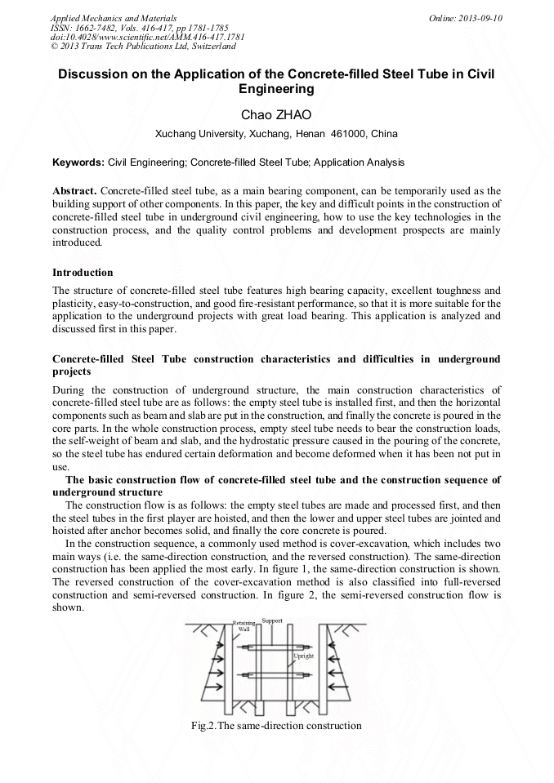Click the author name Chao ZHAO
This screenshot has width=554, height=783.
point(276,115)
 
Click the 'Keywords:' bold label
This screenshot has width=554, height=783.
point(78,162)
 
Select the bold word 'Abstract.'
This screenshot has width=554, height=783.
point(75,189)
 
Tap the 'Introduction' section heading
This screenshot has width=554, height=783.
point(83,272)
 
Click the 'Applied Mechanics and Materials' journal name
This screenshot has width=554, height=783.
point(113,17)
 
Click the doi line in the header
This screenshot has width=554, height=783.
point(147,37)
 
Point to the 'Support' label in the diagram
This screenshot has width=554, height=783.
point(272,621)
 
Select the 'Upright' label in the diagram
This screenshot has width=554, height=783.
point(303,656)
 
